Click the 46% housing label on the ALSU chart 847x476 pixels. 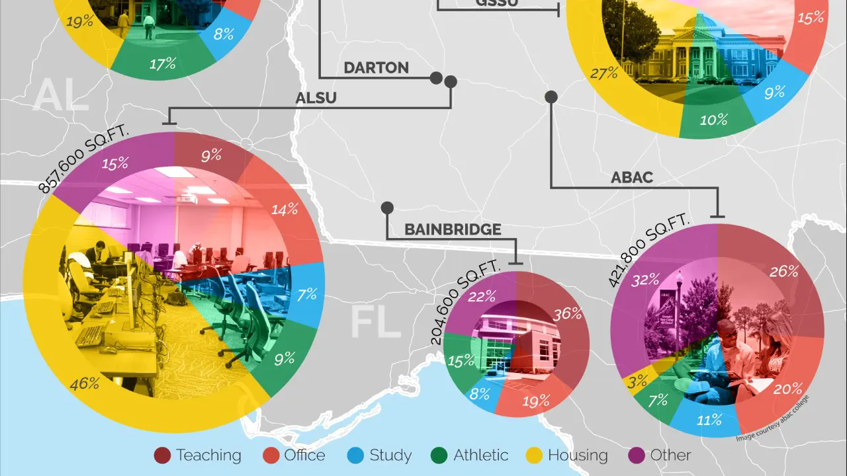[x=85, y=383]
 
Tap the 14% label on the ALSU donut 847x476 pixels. [x=285, y=210]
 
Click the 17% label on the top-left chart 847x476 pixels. [x=162, y=63]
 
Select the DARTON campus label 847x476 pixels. [x=376, y=67]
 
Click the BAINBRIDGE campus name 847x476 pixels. [x=453, y=229]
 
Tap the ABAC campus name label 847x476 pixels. [x=632, y=177]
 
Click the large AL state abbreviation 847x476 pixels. [x=61, y=96]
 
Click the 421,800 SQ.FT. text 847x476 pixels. [x=648, y=252]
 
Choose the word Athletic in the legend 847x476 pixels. [x=480, y=456]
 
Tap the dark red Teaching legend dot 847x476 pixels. [x=162, y=456]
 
